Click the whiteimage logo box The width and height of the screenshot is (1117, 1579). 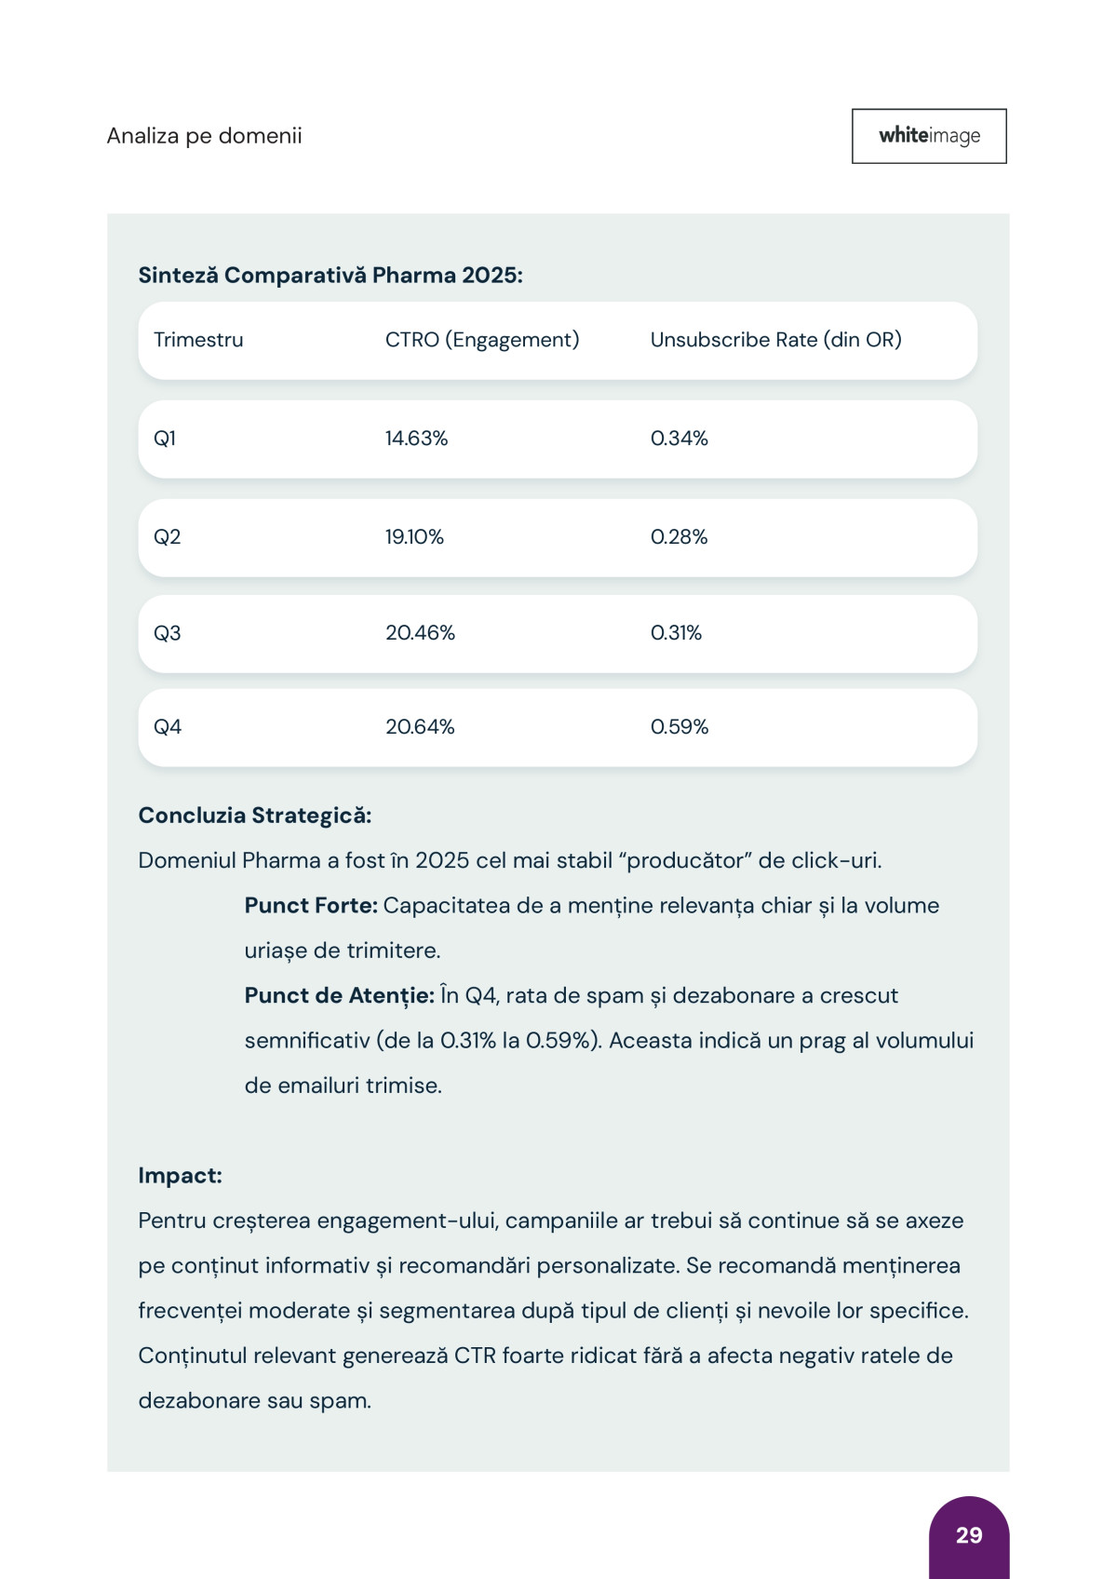929,136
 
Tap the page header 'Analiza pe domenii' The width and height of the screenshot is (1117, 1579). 204,136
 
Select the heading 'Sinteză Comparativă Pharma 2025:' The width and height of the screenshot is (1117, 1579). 330,276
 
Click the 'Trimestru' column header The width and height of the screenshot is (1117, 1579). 198,340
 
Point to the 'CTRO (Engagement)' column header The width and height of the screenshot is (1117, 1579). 482,340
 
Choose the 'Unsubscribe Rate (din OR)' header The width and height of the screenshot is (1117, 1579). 775,340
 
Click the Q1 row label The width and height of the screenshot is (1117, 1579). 165,439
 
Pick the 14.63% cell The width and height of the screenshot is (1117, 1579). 416,439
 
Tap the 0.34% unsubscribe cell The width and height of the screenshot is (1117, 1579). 679,439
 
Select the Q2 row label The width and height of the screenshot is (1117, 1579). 167,537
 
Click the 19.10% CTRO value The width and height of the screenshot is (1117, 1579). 414,537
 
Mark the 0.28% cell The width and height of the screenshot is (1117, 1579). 679,537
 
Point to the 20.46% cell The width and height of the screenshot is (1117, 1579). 420,633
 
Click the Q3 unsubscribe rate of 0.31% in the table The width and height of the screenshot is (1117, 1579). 676,633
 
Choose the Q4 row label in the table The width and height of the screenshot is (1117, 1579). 168,727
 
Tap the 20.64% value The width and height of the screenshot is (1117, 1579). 420,727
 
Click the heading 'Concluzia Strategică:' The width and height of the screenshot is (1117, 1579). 255,816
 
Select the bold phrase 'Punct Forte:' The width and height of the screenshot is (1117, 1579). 311,906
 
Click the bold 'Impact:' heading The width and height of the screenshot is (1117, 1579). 180,1176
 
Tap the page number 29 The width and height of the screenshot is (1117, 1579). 969,1535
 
